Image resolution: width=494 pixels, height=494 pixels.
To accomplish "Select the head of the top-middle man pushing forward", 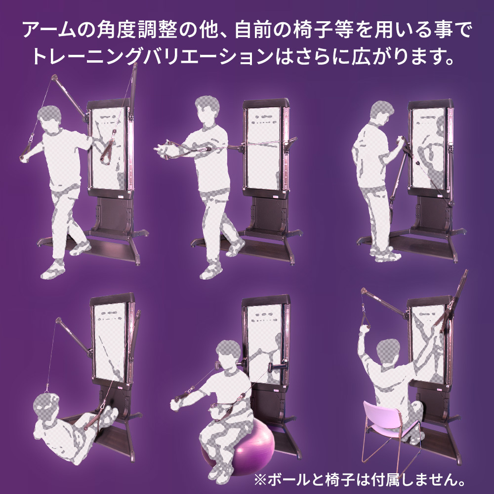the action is click(x=206, y=109).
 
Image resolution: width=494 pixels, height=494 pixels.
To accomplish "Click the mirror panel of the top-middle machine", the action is click(x=263, y=148).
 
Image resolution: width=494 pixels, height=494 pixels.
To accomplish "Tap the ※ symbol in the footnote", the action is click(x=260, y=481).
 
